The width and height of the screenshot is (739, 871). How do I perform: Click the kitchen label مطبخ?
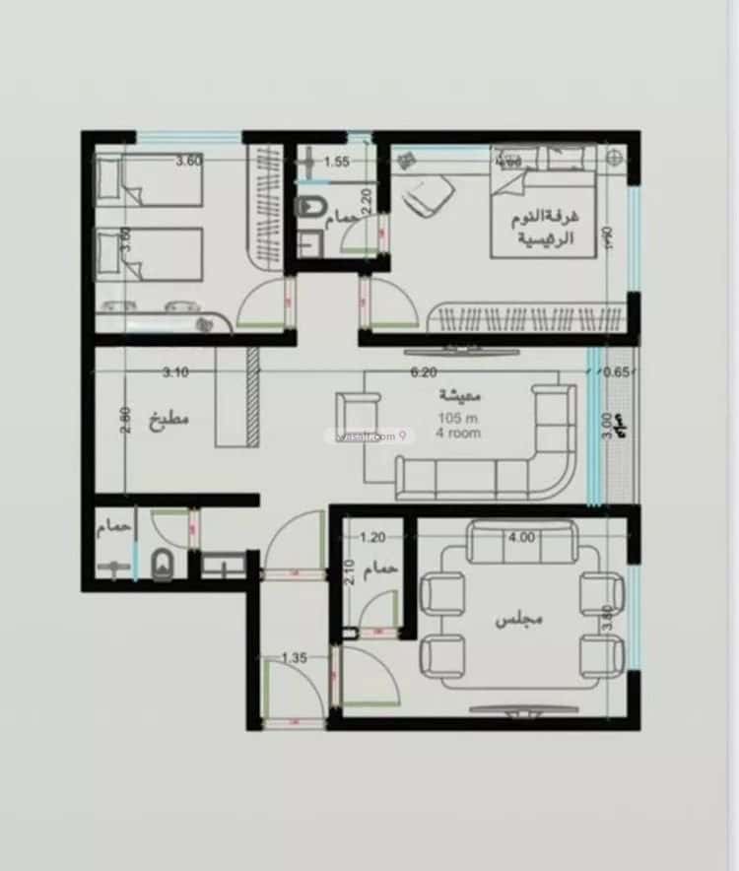pyautogui.click(x=168, y=418)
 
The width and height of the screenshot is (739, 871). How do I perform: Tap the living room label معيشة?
pyautogui.click(x=460, y=396)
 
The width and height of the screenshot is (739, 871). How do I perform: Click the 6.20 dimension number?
pyautogui.click(x=423, y=372)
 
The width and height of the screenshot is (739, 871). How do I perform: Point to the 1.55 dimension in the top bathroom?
pyautogui.click(x=337, y=163)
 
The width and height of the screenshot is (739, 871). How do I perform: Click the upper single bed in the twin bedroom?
pyautogui.click(x=148, y=180)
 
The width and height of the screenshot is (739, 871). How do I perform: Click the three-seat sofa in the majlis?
pyautogui.click(x=521, y=541)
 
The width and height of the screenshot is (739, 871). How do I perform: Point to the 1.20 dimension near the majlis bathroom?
pyautogui.click(x=372, y=538)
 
